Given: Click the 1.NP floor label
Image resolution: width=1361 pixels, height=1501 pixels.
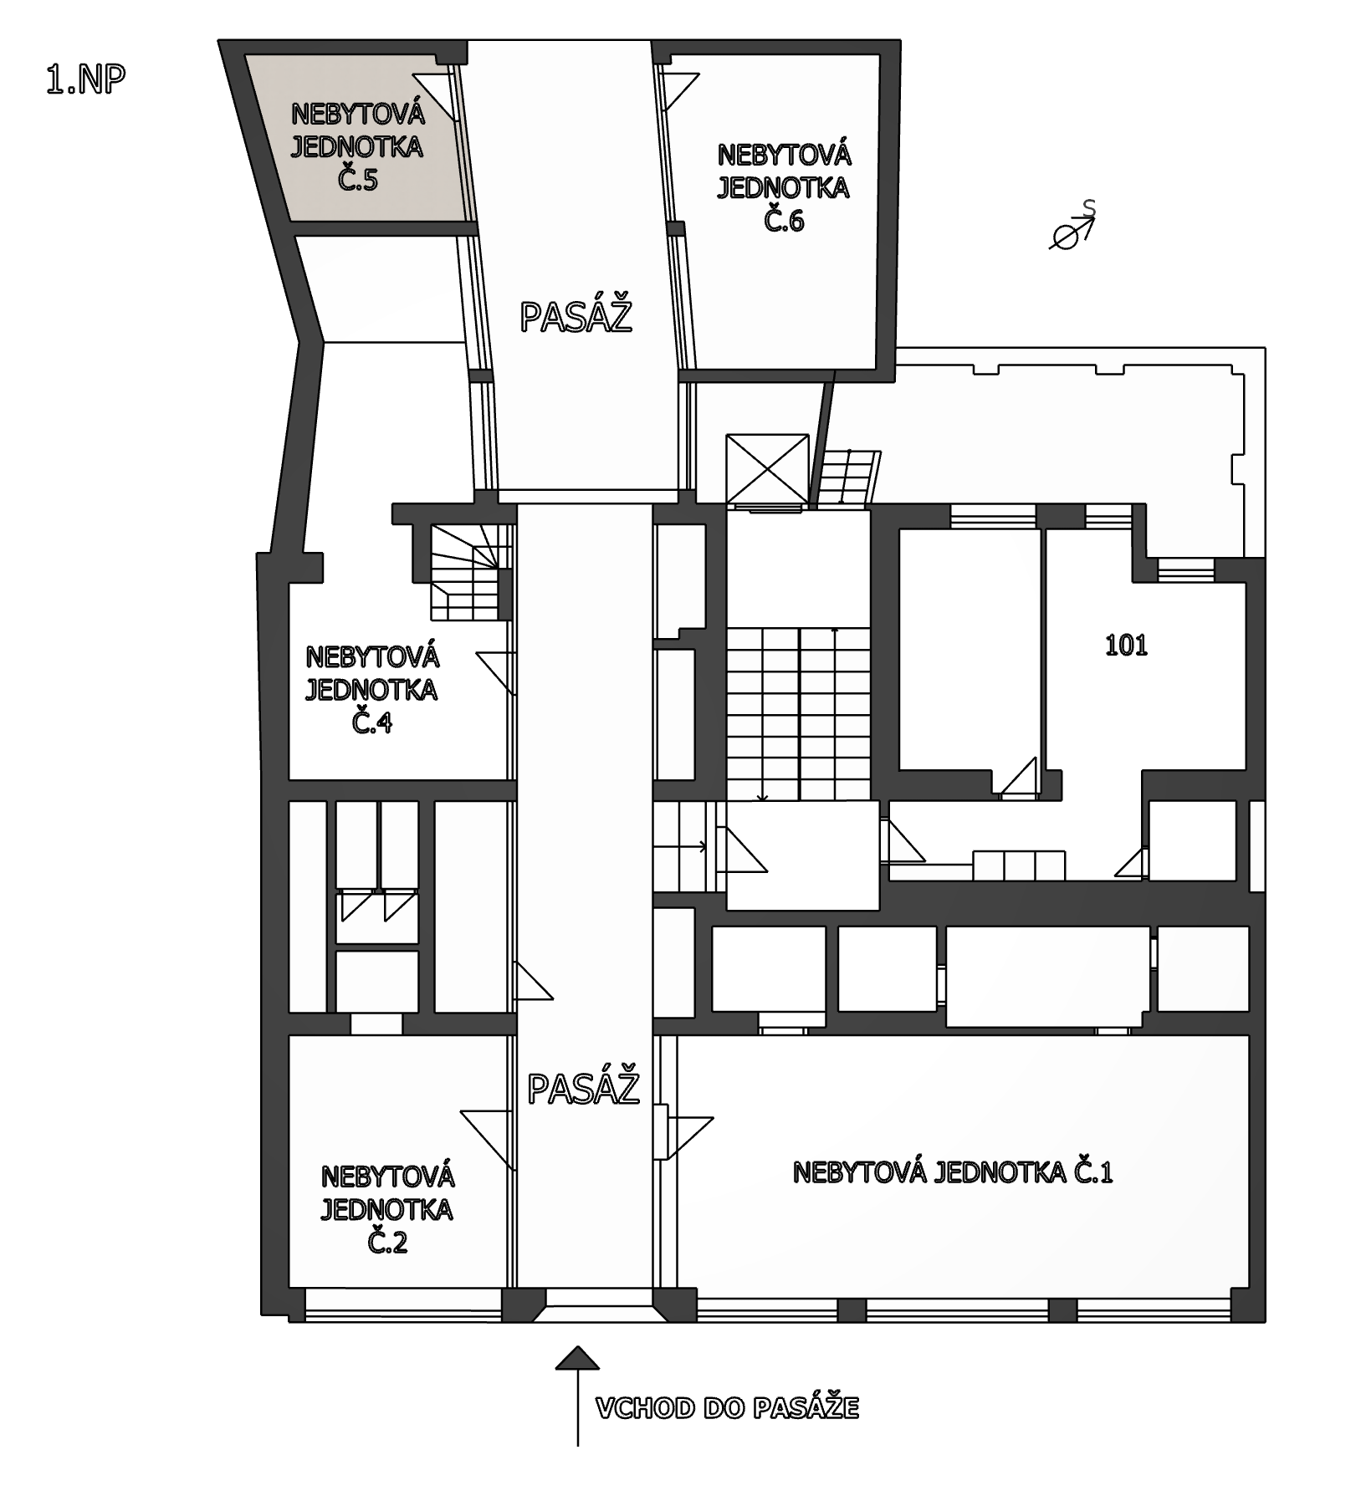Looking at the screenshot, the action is coord(86,79).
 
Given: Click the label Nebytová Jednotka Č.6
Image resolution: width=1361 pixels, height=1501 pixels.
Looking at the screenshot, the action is coord(784,187).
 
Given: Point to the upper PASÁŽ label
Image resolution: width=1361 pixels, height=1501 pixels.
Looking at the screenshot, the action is coord(576,317).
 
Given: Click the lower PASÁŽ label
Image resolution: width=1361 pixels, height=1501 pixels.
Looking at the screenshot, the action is coord(583,1088).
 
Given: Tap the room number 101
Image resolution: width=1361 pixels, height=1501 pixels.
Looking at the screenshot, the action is coord(1126,646).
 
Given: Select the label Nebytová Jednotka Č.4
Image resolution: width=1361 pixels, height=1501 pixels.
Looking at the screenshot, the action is coord(371,689).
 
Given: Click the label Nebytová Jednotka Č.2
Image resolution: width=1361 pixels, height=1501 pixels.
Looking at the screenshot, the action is coord(387,1209).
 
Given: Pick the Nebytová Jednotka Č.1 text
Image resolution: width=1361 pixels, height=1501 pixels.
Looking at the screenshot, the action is coord(952,1172).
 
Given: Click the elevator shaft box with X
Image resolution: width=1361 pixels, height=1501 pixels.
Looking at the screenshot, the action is coord(768,469).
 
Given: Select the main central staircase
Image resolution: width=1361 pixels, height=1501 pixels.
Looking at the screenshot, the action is coord(798,714).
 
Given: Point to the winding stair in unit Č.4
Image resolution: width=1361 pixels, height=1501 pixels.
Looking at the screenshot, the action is coord(470,572).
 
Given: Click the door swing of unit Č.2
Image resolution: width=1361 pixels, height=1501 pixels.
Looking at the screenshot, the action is coord(487,1139).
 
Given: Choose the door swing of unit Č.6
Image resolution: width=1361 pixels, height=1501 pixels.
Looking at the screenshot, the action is coord(679,90).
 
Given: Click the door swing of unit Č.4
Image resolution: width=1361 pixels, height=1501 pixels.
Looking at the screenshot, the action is coord(495,673).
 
